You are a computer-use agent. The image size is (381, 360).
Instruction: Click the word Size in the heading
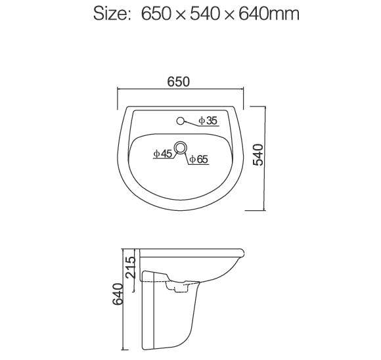tap(110, 14)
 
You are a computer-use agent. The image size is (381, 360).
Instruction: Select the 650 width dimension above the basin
tap(178, 82)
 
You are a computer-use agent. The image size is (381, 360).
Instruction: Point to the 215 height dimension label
tap(130, 269)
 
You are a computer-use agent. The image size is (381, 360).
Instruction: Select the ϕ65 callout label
tap(198, 158)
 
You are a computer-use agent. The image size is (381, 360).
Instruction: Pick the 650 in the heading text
tap(156, 14)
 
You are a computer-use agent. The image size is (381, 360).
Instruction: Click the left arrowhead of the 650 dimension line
tap(119, 90)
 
